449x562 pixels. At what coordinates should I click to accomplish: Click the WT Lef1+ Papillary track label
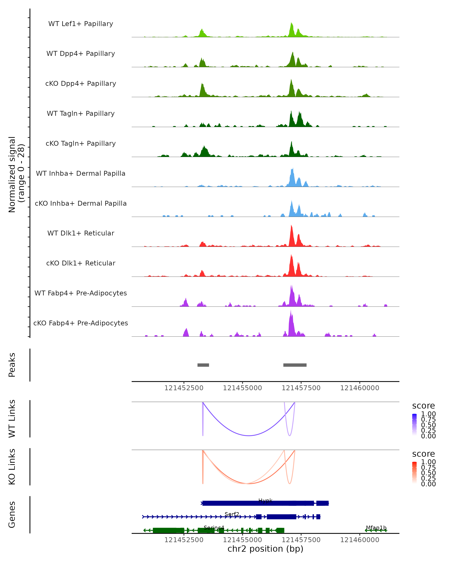(x=81, y=24)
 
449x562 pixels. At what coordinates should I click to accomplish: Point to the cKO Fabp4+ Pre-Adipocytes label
(x=81, y=323)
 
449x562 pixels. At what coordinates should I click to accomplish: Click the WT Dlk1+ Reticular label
(x=81, y=233)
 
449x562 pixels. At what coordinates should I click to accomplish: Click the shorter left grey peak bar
(x=203, y=365)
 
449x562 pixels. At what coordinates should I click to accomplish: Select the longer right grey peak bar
(x=295, y=365)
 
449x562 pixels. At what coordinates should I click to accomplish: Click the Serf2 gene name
(x=232, y=514)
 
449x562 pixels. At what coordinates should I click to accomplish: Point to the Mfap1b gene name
(x=376, y=528)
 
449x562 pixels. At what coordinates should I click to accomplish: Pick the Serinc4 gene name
(x=214, y=528)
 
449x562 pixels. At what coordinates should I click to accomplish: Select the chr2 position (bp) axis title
(x=265, y=549)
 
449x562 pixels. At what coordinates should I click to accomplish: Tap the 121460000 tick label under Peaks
(x=359, y=388)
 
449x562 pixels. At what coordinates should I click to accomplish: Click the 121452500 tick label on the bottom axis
(x=184, y=540)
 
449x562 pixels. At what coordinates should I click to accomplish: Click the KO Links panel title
(x=12, y=467)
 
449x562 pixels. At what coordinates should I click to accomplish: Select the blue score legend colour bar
(x=414, y=425)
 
